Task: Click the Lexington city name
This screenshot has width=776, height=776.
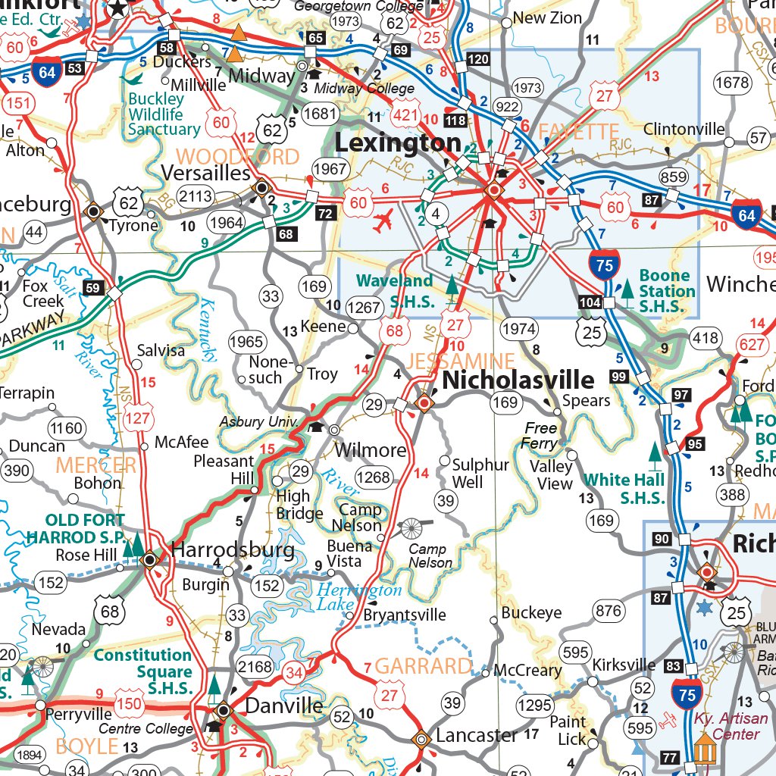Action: tap(398, 143)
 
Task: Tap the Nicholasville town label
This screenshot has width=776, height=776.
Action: tap(518, 380)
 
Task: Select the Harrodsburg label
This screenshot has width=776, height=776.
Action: tap(233, 549)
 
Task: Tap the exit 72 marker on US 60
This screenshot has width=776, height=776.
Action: tap(325, 214)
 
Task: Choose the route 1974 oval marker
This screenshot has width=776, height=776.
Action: tap(518, 330)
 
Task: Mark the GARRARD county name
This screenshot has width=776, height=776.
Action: tap(423, 666)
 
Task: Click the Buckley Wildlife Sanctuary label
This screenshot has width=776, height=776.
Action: tap(163, 114)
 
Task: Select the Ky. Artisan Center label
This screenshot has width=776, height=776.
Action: tap(726, 726)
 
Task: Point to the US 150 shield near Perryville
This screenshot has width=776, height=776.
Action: tap(129, 705)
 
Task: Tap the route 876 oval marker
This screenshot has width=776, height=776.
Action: tap(609, 611)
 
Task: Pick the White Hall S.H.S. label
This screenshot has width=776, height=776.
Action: tap(624, 488)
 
